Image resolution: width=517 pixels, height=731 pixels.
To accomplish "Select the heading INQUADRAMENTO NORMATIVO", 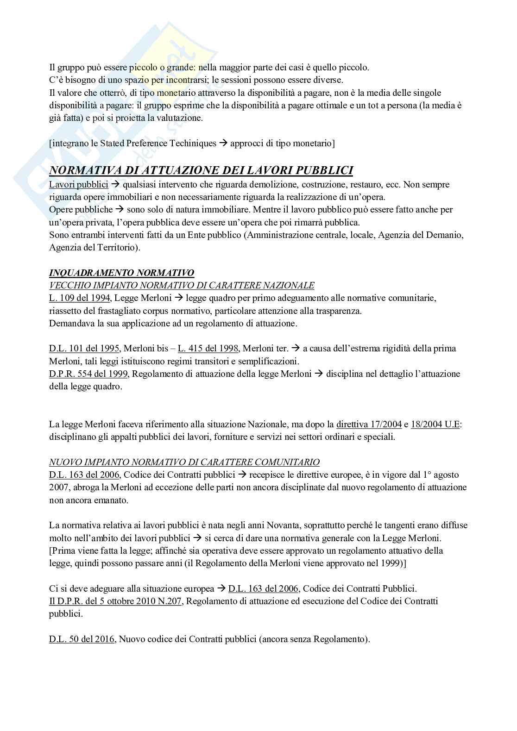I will pyautogui.click(x=121, y=273).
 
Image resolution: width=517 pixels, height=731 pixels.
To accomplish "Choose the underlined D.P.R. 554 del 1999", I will pyautogui.click(x=90, y=374).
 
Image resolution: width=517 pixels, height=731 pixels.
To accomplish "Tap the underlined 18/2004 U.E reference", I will pyautogui.click(x=435, y=424).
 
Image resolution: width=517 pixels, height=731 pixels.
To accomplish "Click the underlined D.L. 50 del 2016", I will pyautogui.click(x=82, y=639).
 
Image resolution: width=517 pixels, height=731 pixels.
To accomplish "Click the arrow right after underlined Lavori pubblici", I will pyautogui.click(x=116, y=185).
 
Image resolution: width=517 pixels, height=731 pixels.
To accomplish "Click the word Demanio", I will pyautogui.click(x=446, y=235).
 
